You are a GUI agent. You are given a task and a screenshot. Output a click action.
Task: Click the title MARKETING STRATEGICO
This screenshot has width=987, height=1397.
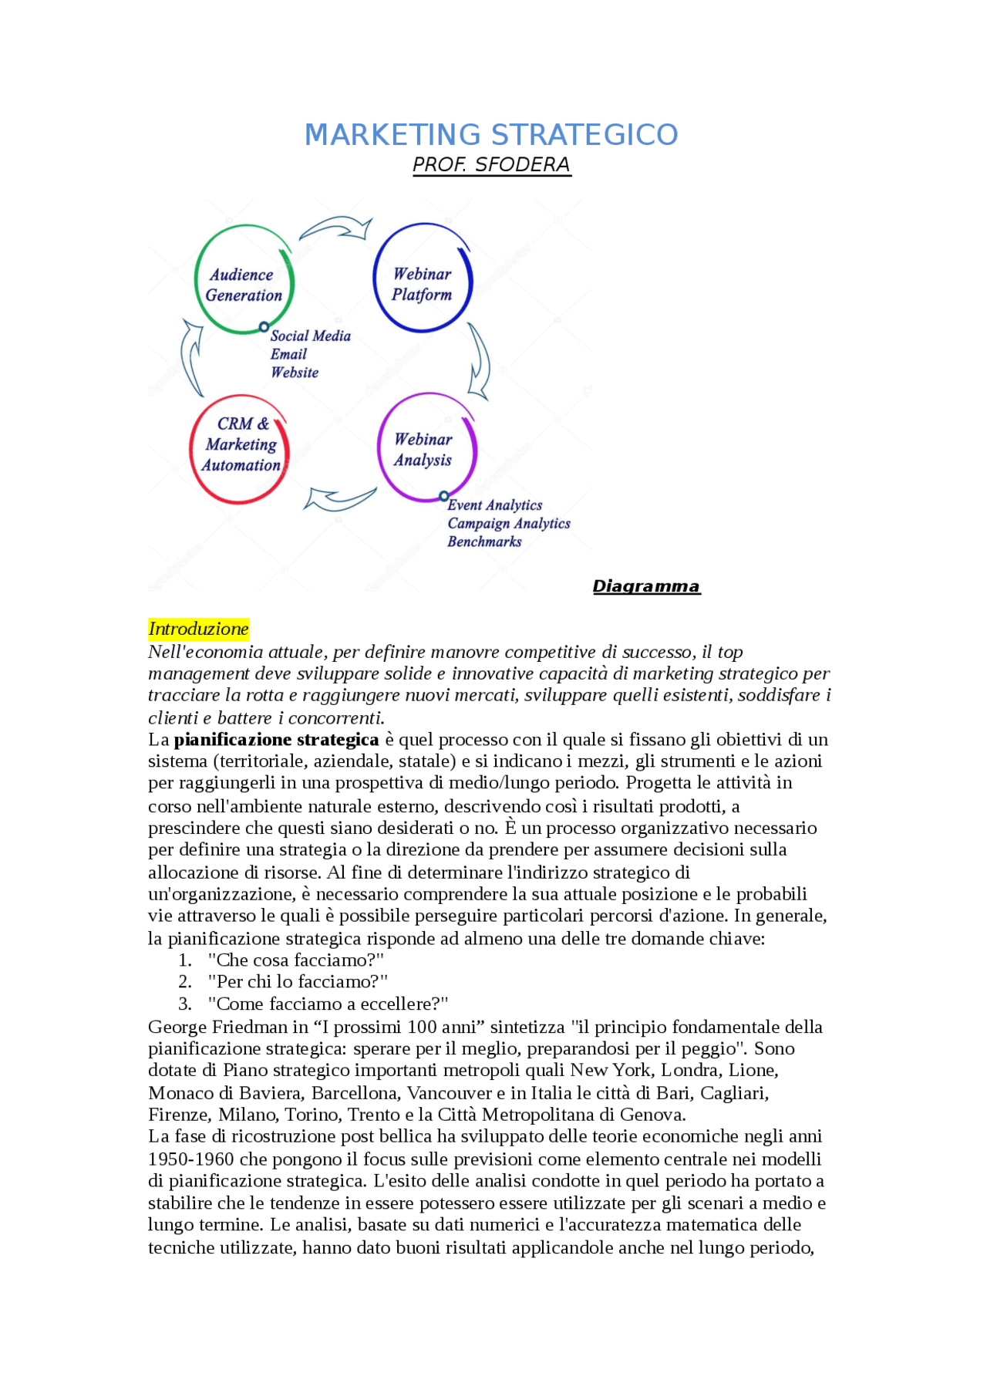491,135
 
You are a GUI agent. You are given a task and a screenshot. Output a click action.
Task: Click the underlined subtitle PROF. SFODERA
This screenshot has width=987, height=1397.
491,165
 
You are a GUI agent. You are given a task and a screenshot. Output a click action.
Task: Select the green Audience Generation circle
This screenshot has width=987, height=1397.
244,280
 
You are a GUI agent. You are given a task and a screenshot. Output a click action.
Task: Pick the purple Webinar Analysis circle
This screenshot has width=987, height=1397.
426,448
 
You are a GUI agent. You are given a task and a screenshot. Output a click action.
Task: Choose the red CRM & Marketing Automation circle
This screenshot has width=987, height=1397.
240,450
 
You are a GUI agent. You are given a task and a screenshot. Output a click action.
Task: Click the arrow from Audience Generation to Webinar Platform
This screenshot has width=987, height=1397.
336,228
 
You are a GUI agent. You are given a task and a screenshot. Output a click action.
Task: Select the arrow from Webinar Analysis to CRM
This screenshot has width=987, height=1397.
339,499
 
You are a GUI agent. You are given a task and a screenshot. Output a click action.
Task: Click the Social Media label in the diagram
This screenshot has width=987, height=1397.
310,336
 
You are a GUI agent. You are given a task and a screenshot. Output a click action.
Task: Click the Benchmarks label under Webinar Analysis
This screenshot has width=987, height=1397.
484,542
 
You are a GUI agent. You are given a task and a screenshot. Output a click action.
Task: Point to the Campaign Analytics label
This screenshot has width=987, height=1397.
508,524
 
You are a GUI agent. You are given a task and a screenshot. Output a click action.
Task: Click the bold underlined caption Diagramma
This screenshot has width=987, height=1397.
645,587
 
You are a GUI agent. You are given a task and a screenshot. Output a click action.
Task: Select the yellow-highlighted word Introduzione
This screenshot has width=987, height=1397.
198,629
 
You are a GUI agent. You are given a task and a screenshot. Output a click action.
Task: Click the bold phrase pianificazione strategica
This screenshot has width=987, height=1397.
276,741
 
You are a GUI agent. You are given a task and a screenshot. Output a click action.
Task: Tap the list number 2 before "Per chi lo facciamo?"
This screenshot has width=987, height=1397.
185,982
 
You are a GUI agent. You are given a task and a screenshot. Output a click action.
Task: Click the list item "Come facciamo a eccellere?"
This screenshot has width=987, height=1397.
328,1004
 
